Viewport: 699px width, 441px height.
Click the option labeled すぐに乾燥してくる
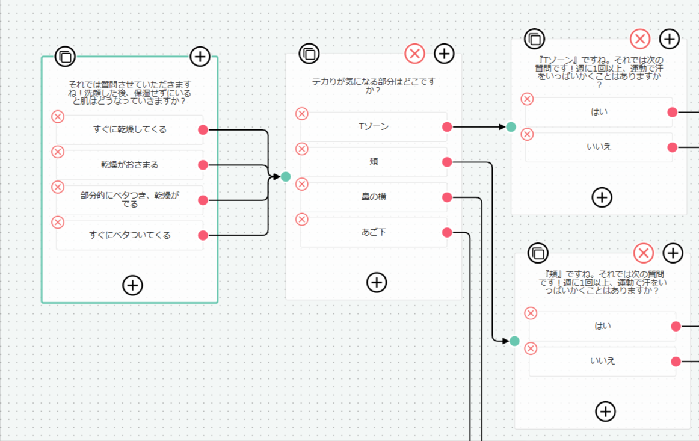130,129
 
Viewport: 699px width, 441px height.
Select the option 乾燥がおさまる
130,165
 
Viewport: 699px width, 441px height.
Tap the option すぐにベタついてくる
130,235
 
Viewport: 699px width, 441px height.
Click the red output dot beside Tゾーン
447,126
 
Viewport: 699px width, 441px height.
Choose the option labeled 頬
374,162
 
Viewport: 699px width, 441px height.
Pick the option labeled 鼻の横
374,197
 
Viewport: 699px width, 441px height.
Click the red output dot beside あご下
447,232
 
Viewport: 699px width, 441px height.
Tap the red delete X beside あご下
302,220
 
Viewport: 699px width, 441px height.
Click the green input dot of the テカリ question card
286,176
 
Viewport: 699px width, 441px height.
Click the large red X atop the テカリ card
414,54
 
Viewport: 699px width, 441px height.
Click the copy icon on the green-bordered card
65,57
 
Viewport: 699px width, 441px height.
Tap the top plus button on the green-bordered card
200,57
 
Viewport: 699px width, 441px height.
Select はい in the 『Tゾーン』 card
599,112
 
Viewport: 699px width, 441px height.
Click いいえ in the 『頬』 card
603,361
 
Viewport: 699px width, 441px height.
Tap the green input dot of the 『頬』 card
514,341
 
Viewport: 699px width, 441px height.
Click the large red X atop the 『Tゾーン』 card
640,39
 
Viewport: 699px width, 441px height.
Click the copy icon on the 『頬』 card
538,253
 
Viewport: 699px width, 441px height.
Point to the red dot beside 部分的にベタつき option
203,200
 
